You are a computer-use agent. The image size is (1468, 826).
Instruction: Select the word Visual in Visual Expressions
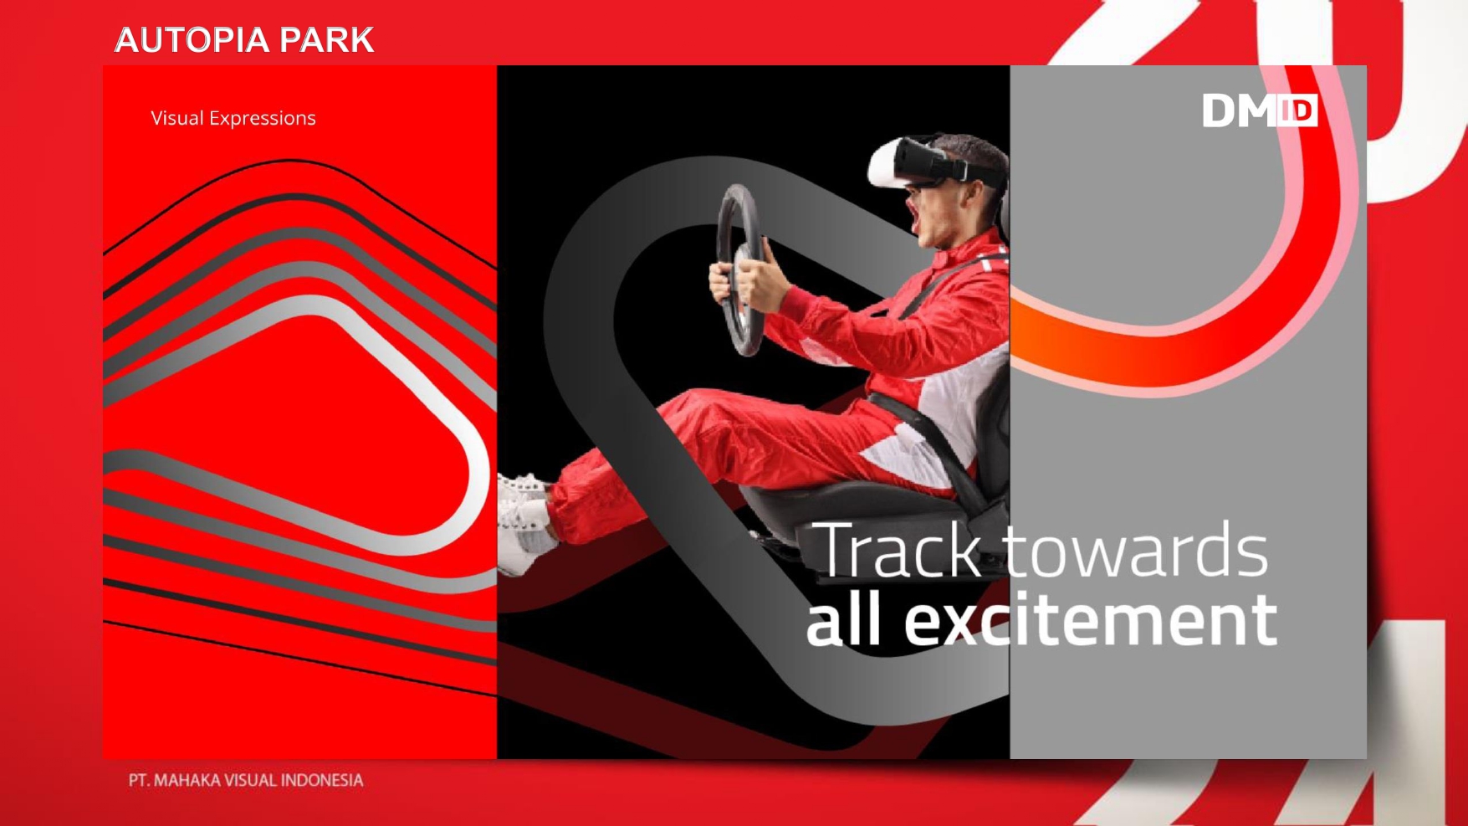tap(177, 118)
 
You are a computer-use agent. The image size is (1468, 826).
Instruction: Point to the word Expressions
tap(263, 119)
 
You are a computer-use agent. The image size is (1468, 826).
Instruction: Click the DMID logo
tap(1260, 110)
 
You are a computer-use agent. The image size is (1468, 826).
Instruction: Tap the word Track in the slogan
tap(897, 550)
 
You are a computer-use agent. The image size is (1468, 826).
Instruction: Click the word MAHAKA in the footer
tap(187, 780)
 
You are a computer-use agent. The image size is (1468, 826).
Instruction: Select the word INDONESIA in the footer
tap(322, 780)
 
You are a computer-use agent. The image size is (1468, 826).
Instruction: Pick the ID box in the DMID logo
tap(1297, 110)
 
